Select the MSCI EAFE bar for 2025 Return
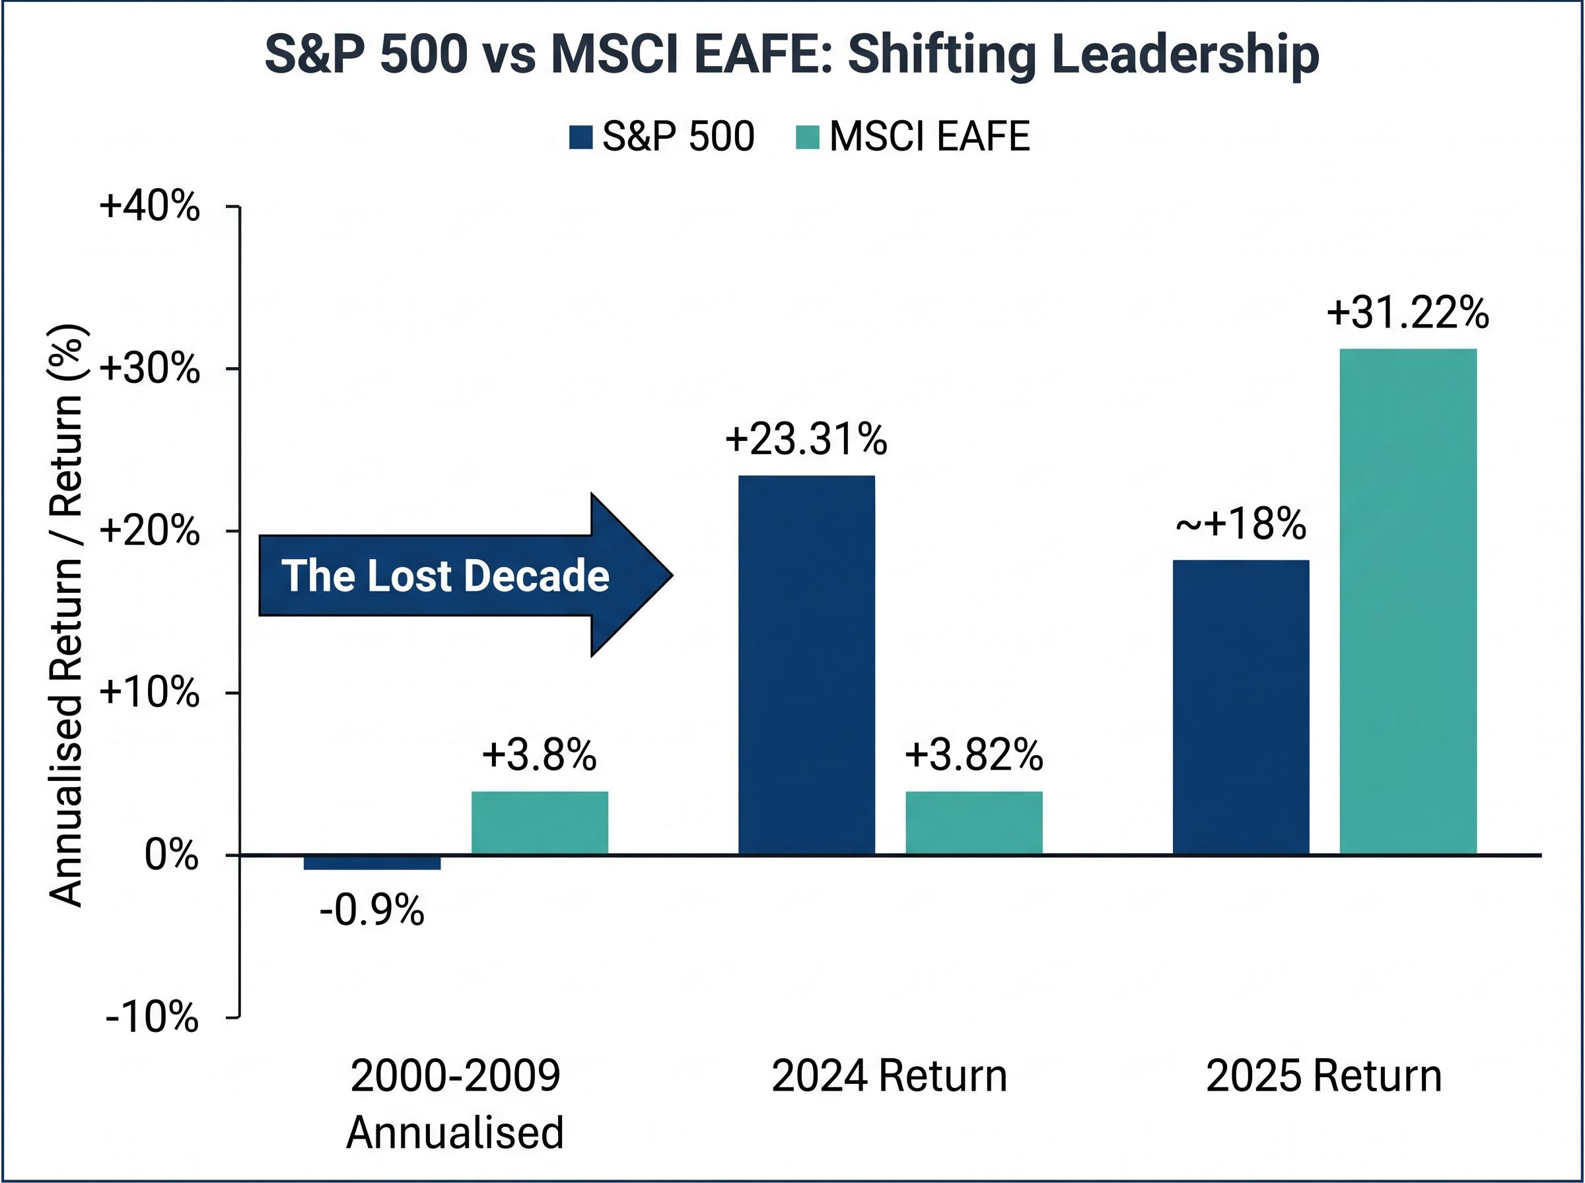(x=1408, y=601)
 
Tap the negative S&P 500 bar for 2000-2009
(x=372, y=862)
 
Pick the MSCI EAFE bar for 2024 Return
(x=973, y=823)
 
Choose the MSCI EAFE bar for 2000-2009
(x=540, y=823)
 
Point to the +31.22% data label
(x=1407, y=313)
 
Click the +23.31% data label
(x=806, y=439)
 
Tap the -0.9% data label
(x=372, y=912)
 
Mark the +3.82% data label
(x=973, y=755)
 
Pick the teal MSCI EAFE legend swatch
(x=807, y=137)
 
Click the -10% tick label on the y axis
(x=151, y=1016)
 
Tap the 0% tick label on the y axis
(x=171, y=854)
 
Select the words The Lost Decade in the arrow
(x=444, y=575)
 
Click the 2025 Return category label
(x=1323, y=1076)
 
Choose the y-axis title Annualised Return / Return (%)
(x=66, y=616)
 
